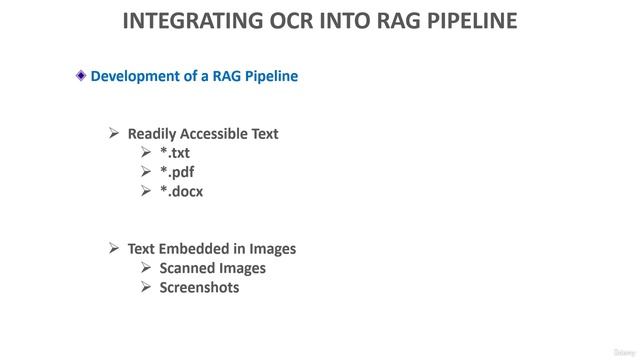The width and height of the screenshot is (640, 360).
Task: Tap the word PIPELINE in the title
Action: (466, 20)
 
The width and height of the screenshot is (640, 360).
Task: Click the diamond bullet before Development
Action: (81, 75)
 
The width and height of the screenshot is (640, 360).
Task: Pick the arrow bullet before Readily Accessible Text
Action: (114, 133)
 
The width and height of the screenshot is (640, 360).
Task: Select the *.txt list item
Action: (175, 153)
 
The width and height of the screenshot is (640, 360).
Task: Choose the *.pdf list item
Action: (177, 172)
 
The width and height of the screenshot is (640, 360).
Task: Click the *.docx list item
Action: (181, 191)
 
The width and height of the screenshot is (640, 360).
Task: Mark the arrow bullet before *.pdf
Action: (147, 171)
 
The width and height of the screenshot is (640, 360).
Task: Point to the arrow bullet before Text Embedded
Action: (114, 248)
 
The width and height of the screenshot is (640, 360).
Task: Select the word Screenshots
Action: (199, 287)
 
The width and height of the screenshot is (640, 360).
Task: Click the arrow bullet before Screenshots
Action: (147, 287)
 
